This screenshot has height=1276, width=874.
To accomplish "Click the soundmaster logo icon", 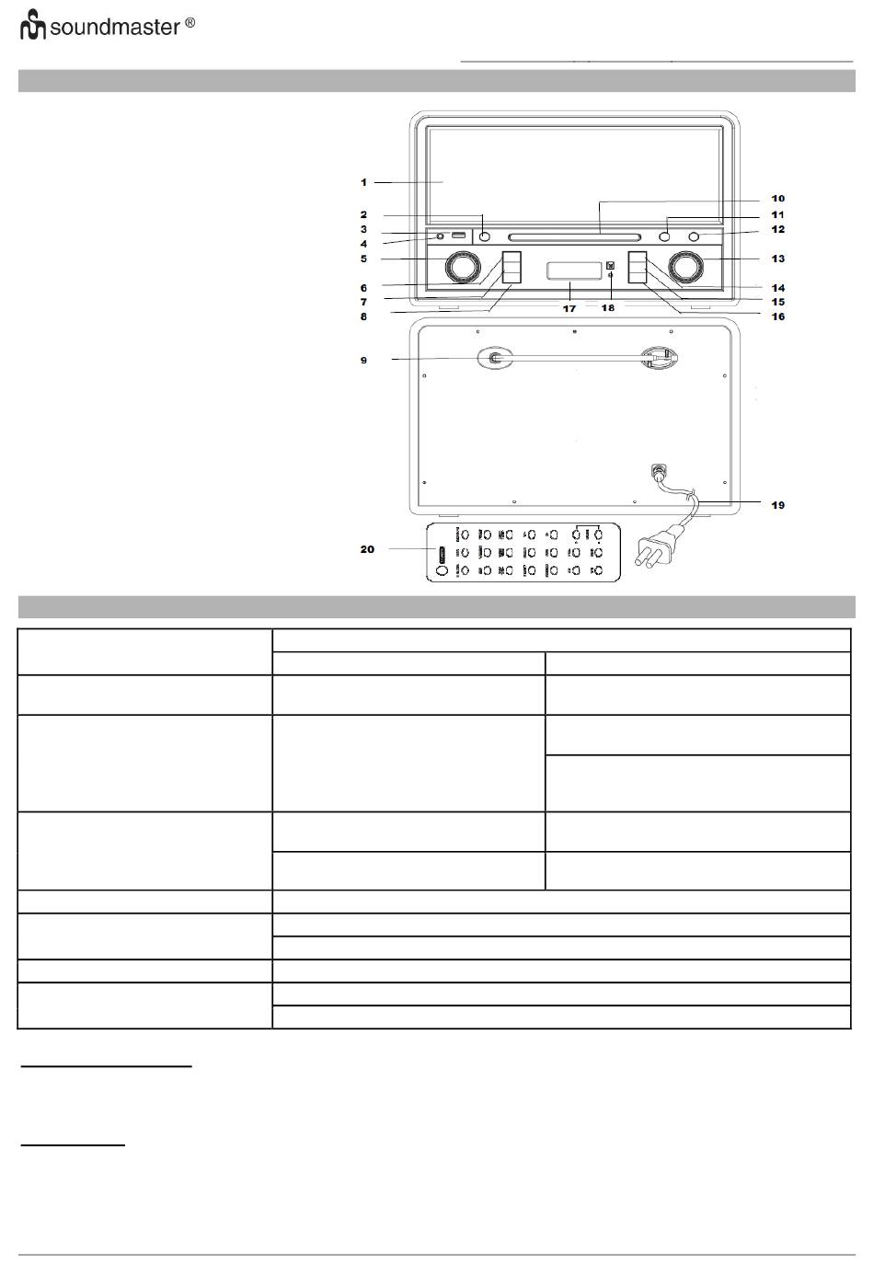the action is click(x=33, y=25).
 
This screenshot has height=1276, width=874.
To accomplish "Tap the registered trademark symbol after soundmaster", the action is click(x=190, y=23).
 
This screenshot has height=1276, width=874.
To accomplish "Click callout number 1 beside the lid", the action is click(x=363, y=182).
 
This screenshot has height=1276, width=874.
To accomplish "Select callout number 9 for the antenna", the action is click(x=363, y=360).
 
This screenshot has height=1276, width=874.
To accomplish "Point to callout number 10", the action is click(x=777, y=198).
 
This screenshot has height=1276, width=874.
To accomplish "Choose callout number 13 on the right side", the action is click(x=777, y=259).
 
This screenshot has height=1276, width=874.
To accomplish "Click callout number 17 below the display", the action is click(x=569, y=308).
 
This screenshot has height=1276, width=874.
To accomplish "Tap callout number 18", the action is click(x=608, y=307).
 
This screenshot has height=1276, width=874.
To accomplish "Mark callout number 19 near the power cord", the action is click(x=777, y=505).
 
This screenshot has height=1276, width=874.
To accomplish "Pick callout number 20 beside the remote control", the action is click(x=367, y=549).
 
